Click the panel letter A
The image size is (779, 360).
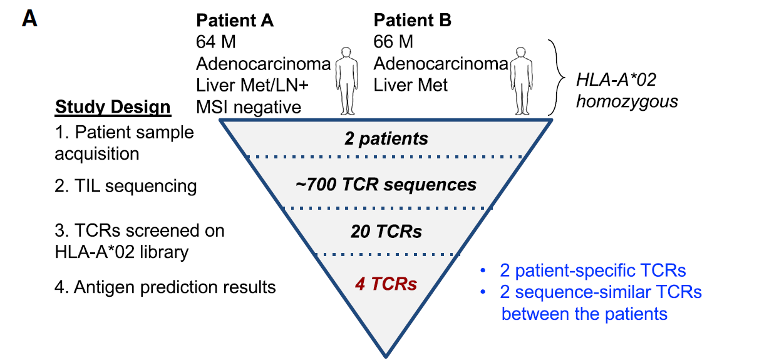[x=29, y=19]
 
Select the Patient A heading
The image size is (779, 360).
[x=235, y=20]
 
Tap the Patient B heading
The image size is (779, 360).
[x=413, y=20]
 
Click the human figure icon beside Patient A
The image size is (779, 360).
[x=346, y=80]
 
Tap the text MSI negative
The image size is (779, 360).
[x=249, y=106]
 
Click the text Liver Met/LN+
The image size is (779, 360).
[x=254, y=85]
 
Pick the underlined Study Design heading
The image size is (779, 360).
[x=113, y=107]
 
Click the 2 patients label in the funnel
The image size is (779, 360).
[x=386, y=138]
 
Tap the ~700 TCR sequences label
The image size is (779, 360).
[x=386, y=185]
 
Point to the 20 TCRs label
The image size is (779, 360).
[x=386, y=232]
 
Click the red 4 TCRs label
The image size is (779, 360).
[x=386, y=284]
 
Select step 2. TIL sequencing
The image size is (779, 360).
[x=126, y=186]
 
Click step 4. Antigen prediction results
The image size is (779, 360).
[x=166, y=287]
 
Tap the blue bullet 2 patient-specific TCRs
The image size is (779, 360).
[x=592, y=270]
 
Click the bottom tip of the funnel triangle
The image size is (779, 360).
[x=386, y=356]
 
